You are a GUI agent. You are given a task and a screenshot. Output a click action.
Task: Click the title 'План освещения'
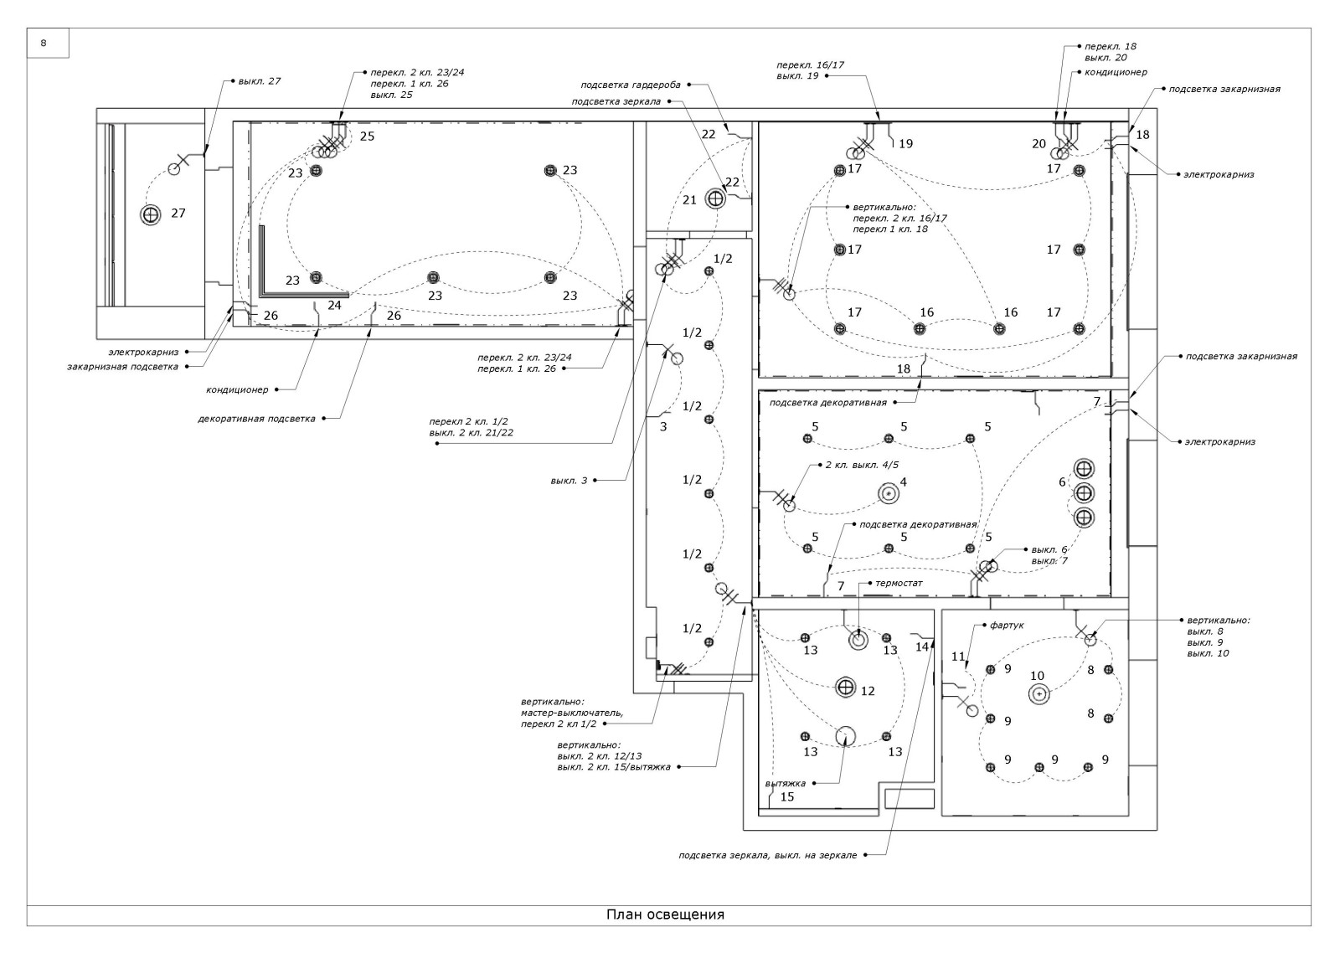click(x=665, y=914)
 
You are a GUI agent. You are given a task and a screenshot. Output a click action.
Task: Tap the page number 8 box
click(x=44, y=43)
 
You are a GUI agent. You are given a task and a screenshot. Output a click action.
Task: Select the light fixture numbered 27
click(x=151, y=214)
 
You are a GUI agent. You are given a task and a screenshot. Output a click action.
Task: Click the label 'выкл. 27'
click(x=260, y=81)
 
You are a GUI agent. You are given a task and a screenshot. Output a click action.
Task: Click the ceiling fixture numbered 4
click(x=887, y=495)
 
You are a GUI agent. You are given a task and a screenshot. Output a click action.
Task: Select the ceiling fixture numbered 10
click(x=1038, y=693)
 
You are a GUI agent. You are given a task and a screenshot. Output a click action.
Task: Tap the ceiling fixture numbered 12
click(x=846, y=688)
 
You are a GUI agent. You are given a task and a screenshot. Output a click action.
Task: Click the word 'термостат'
click(x=899, y=583)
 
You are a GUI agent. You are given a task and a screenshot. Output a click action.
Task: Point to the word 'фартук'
click(x=1007, y=625)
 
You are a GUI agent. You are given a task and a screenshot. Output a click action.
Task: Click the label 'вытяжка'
click(x=786, y=784)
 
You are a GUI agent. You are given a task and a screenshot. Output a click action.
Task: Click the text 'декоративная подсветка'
click(x=256, y=418)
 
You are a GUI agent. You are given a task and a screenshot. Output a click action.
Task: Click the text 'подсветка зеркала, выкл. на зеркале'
click(x=767, y=855)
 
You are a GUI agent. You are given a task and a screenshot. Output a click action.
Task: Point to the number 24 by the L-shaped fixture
click(x=334, y=306)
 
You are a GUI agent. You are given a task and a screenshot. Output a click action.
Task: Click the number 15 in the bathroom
click(x=787, y=797)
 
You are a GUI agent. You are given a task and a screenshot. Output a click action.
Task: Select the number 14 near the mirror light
click(x=922, y=646)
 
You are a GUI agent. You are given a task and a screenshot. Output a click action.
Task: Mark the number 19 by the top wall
click(x=905, y=144)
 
